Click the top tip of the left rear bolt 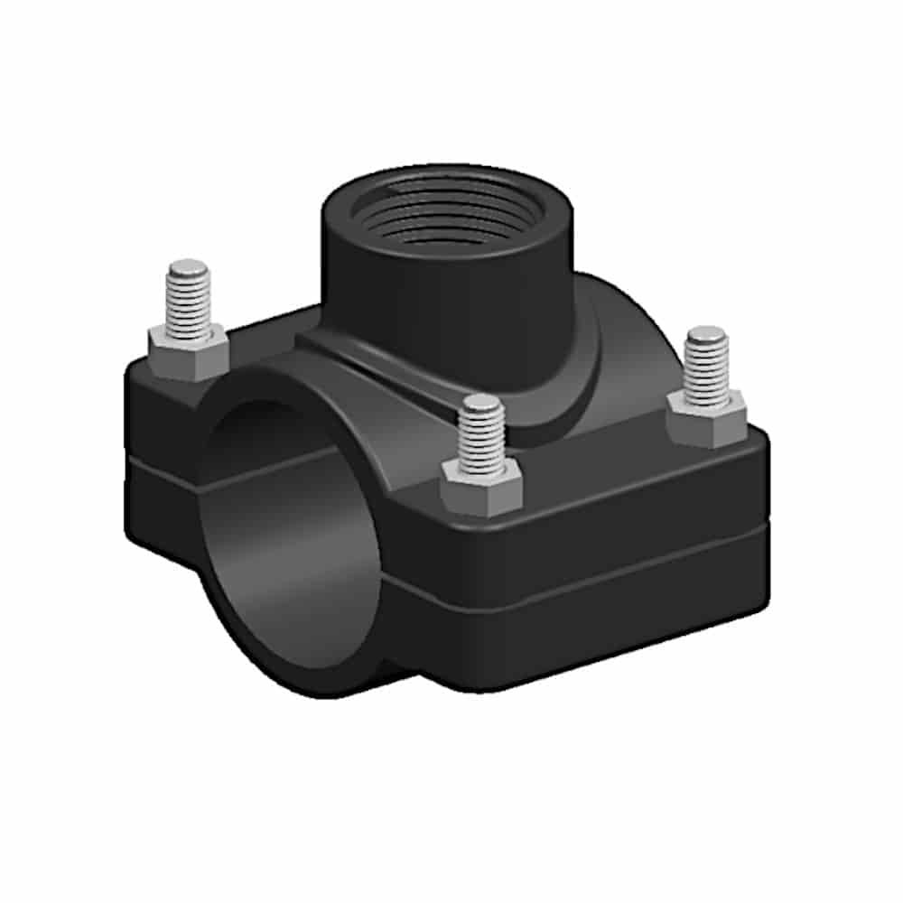pyautogui.click(x=189, y=267)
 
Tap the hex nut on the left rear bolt pyautogui.click(x=187, y=352)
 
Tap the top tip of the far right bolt pyautogui.click(x=707, y=334)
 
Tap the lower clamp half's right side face pyautogui.click(x=614, y=623)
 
